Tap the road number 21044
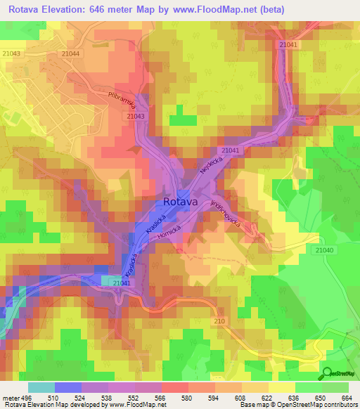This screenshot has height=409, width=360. pos(70,53)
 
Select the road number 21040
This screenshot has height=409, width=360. pos(325,250)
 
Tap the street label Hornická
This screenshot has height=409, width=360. pos(169,238)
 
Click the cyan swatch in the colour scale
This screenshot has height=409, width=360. pos(41,387)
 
